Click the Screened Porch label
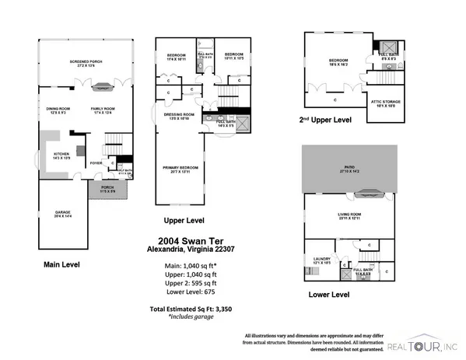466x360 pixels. click(x=86, y=62)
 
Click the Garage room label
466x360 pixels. click(x=62, y=214)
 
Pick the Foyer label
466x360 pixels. click(x=96, y=163)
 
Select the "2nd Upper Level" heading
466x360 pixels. click(x=325, y=121)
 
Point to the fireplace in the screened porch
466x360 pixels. click(x=86, y=45)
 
